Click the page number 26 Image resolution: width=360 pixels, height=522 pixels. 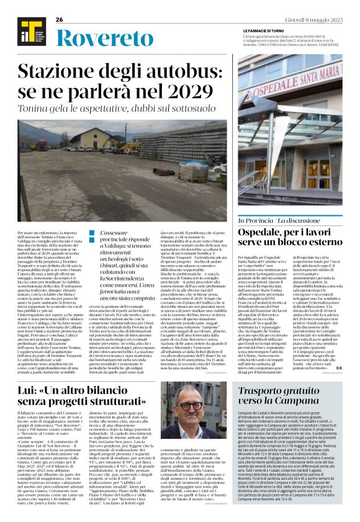60,20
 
